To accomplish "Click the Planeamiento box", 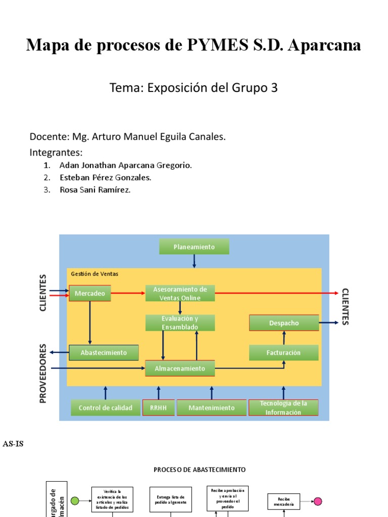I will [194, 247].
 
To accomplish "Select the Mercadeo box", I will [89, 293].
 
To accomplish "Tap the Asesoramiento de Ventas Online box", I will [180, 293].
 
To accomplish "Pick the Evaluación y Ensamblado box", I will [180, 323].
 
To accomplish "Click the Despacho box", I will [284, 323].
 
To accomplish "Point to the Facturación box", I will [284, 352].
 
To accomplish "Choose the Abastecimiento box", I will [104, 352].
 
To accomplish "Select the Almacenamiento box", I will [180, 368].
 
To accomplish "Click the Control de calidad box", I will [106, 407].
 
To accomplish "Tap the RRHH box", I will [158, 407].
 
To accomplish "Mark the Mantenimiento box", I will [211, 407].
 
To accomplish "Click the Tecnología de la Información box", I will [283, 407].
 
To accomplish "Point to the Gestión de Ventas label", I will [94, 274].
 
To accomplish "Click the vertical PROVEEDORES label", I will [43, 373].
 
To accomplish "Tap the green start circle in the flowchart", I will [75, 501].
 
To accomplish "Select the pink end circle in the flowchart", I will [318, 501].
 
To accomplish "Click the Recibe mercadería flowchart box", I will [283, 501].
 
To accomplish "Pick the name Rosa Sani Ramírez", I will [95, 190].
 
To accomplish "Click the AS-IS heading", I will [13, 444].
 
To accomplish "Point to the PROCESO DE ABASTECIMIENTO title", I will [200, 470].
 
